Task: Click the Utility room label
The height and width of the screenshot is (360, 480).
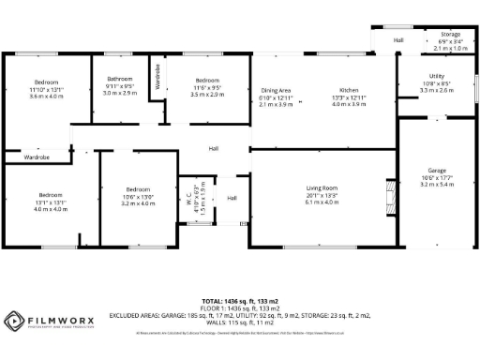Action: [x=436, y=76]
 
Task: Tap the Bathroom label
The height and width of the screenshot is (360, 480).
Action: [x=119, y=79]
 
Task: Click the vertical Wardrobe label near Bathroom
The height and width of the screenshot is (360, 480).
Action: [x=157, y=75]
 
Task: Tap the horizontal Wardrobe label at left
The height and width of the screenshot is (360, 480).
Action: [x=37, y=157]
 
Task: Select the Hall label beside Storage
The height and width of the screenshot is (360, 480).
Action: [x=397, y=40]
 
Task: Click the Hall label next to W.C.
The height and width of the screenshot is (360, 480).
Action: [x=232, y=198]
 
